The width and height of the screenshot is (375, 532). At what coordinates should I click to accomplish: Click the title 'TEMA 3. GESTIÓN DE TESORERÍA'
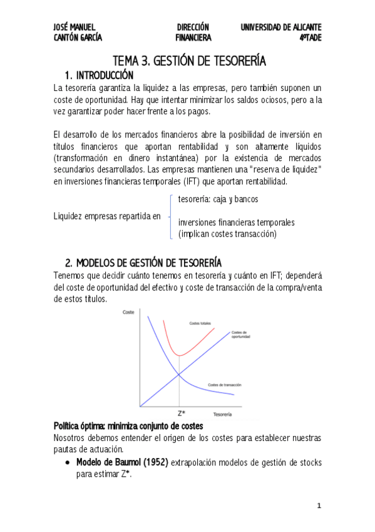coord(189,61)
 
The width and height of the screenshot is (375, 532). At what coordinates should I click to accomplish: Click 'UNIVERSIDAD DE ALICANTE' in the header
coord(281,27)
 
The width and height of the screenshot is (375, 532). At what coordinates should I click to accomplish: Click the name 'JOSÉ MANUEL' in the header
coord(74,27)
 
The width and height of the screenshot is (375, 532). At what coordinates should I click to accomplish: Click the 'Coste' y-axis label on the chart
coord(128,312)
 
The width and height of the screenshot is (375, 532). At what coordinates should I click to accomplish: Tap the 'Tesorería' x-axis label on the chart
coord(223,415)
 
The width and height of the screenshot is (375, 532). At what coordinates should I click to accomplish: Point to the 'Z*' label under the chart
coord(180,413)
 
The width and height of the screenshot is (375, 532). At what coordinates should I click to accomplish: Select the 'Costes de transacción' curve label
coord(223,384)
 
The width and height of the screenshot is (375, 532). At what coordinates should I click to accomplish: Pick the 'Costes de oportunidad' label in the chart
coord(241,334)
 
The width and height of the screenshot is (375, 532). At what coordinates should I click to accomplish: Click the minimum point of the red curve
coord(180,355)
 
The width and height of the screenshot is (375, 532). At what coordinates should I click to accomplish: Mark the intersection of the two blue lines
coord(180,375)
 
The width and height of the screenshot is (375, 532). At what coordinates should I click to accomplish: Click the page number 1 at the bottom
coord(319,505)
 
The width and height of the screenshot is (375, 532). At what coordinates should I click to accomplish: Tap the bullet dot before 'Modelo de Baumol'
coord(68,462)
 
